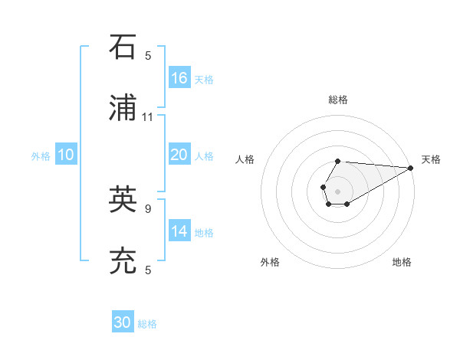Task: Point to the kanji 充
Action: [x=123, y=261]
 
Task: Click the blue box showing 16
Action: [x=179, y=78]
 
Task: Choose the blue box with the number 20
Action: [x=179, y=155]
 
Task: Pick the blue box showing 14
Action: [x=179, y=231]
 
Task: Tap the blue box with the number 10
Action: [x=66, y=155]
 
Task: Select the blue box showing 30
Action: [x=123, y=322]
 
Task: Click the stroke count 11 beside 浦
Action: [x=148, y=117]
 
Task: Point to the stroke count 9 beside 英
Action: [x=148, y=208]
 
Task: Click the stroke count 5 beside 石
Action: [x=148, y=55]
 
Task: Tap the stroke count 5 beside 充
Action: [x=148, y=270]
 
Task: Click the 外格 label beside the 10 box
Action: [x=41, y=156]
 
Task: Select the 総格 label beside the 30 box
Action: [x=147, y=324]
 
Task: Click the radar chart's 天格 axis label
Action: [x=431, y=159]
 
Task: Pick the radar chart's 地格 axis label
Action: [x=402, y=262]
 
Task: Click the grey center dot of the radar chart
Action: [x=337, y=190]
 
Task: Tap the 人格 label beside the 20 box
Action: [x=203, y=156]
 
